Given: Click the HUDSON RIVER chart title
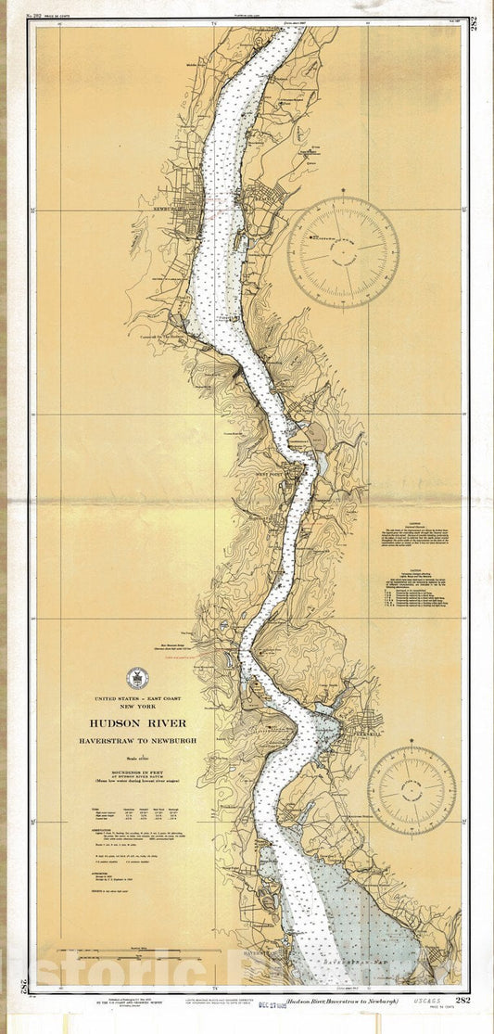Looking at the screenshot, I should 138,723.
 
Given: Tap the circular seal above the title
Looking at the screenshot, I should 136,679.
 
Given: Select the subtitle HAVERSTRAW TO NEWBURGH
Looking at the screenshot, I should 138,742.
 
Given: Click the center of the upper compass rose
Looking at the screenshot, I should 344,251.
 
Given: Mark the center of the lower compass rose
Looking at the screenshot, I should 412,790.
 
